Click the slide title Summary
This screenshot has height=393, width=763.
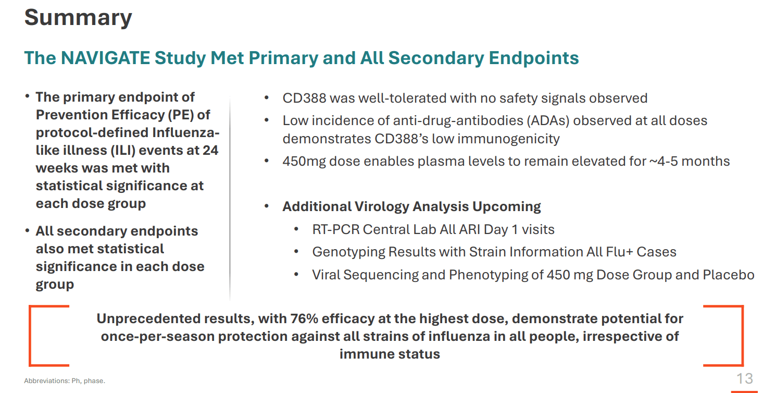[x=78, y=17]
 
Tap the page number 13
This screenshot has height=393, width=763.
[x=744, y=378]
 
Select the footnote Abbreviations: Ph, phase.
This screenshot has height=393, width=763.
[x=65, y=381]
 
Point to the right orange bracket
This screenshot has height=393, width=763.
[x=740, y=336]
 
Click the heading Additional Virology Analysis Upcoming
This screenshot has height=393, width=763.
[x=411, y=207]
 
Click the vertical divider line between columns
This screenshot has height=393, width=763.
[x=230, y=198]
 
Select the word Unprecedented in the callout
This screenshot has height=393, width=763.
[x=141, y=318]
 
